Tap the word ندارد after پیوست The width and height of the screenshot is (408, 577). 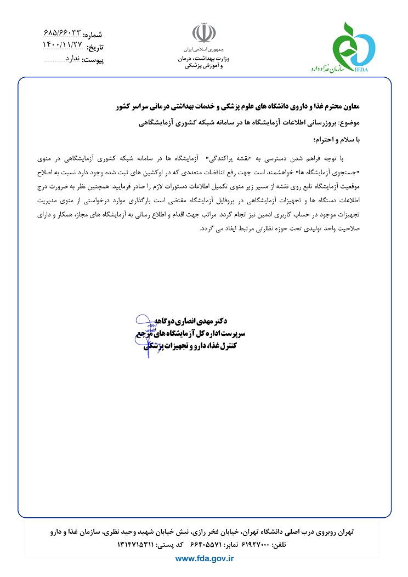tap(70, 58)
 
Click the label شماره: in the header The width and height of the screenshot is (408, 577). tap(93, 35)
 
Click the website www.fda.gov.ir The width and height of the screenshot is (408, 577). tap(204, 558)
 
